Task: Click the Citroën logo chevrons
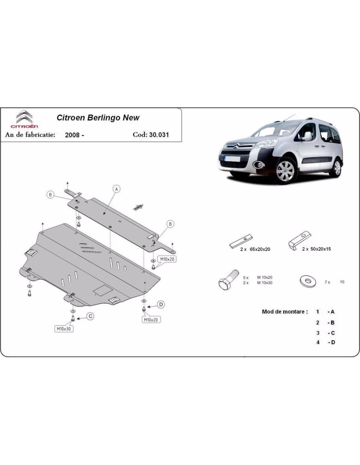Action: (x=25, y=117)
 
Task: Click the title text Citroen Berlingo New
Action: (x=98, y=118)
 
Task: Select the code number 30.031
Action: (x=159, y=135)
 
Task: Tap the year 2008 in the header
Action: (x=72, y=135)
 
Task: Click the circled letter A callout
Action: (x=117, y=189)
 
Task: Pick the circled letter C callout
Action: (x=90, y=316)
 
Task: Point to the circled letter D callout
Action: (x=161, y=304)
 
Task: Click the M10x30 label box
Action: (x=64, y=329)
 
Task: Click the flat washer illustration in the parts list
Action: (x=308, y=281)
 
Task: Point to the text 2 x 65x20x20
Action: (x=255, y=249)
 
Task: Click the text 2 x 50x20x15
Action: (x=316, y=249)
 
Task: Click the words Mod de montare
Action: (x=285, y=312)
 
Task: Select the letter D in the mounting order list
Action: (x=333, y=342)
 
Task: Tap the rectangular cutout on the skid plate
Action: (x=103, y=290)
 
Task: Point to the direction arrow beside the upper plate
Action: (x=138, y=207)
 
